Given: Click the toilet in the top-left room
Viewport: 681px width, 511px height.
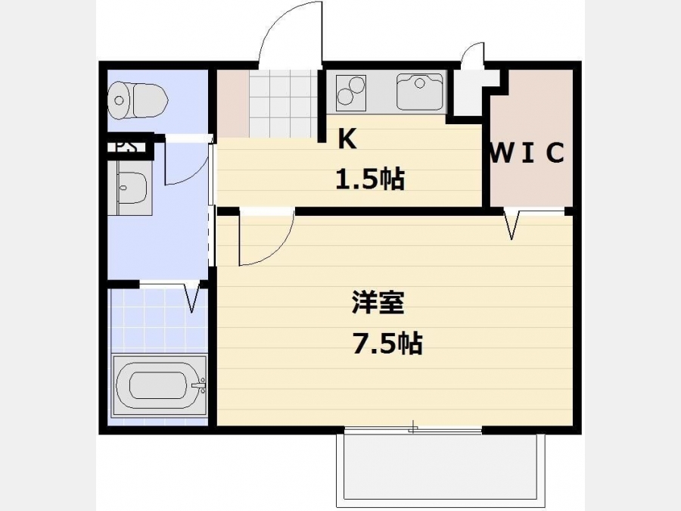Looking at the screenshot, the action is [138, 101].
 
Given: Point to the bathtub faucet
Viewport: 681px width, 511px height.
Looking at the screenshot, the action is [200, 385].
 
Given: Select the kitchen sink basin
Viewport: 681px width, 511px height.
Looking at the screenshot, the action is [419, 92].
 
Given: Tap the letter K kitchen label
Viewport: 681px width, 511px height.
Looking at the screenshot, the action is [347, 139].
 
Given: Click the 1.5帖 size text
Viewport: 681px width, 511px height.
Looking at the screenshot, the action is [370, 179].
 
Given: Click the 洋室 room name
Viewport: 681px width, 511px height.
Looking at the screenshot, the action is [378, 302].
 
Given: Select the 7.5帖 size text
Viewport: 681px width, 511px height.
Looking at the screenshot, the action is [387, 344].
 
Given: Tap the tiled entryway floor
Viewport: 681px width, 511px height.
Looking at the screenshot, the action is [284, 104].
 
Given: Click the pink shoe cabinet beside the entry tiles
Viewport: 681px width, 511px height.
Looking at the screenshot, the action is [233, 104].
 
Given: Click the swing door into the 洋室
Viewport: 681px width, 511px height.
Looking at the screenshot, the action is [266, 237].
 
